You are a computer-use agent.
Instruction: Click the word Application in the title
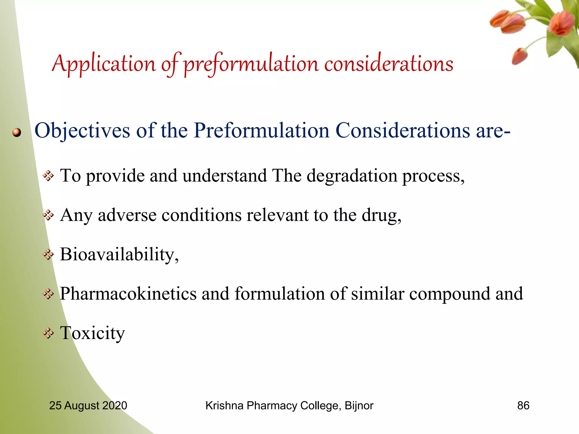(104, 64)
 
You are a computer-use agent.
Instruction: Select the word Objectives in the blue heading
(82, 131)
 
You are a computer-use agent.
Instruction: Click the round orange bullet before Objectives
(17, 132)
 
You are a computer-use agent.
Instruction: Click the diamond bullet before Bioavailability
(48, 255)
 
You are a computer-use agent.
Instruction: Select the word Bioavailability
(119, 254)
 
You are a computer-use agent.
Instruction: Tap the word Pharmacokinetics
(128, 294)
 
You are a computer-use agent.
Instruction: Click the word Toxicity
(92, 333)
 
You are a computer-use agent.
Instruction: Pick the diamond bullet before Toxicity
(48, 333)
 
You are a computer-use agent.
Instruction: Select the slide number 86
(523, 405)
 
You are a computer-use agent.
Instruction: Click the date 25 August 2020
(88, 405)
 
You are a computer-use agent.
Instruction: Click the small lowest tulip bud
(520, 56)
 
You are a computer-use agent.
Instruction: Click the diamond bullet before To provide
(48, 176)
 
